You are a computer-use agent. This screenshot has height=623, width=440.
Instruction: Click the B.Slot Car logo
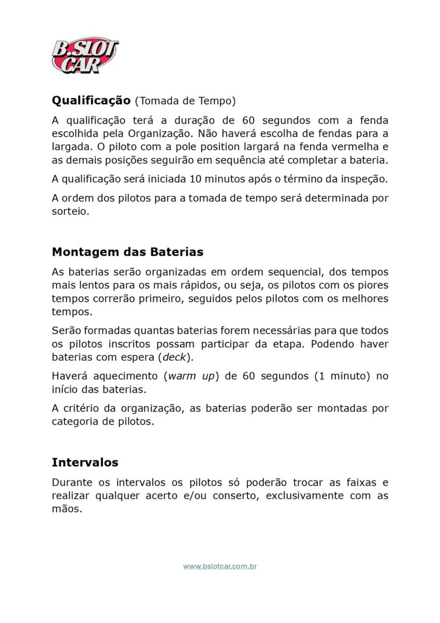click(x=85, y=55)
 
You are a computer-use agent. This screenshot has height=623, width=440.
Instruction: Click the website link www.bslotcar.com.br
click(x=220, y=566)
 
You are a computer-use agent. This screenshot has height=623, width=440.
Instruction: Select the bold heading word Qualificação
click(x=91, y=100)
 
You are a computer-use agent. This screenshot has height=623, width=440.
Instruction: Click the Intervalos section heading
click(x=85, y=462)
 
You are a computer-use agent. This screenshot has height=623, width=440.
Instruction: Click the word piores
click(x=371, y=285)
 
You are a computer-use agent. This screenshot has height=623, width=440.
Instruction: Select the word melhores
click(x=360, y=299)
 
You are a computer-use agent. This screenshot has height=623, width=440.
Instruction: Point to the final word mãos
click(x=66, y=509)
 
